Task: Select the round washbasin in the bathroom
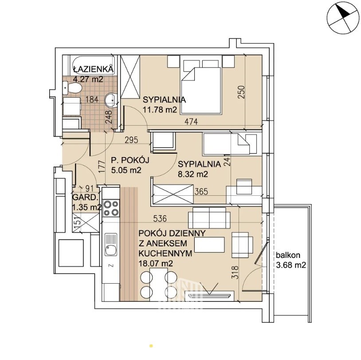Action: [111, 100]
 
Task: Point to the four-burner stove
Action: [111, 208]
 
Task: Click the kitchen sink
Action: [111, 244]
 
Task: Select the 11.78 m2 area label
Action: [160, 110]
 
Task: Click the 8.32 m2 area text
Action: [193, 174]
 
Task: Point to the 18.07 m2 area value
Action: [156, 263]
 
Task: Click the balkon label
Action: [288, 255]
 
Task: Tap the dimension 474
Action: [191, 122]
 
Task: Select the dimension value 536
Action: [160, 218]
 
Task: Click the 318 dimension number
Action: [235, 273]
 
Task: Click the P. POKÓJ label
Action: [130, 160]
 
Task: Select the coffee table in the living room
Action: [209, 245]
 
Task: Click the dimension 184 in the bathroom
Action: [92, 99]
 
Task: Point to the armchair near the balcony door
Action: [242, 245]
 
